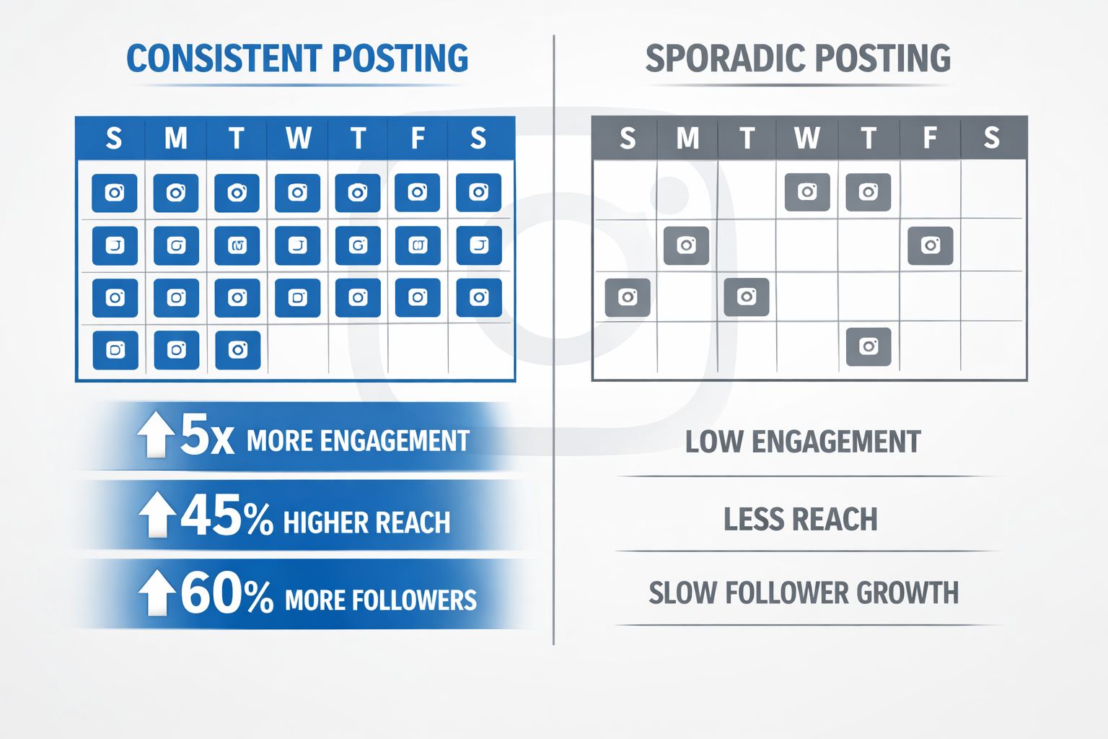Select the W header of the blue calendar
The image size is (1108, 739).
click(x=298, y=138)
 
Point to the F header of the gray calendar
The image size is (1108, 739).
click(x=930, y=137)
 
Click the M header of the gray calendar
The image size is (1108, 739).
click(x=687, y=137)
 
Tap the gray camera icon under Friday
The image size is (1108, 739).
click(x=930, y=245)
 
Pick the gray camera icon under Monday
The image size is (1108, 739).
click(x=686, y=245)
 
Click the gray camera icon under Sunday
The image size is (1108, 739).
click(x=628, y=297)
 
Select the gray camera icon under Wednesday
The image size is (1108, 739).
click(x=807, y=192)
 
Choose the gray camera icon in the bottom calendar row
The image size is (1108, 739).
click(x=869, y=346)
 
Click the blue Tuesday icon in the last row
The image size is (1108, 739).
click(x=237, y=350)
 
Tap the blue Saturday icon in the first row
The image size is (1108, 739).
click(x=478, y=193)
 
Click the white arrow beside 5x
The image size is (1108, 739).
click(x=156, y=434)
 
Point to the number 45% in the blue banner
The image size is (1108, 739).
click(x=227, y=516)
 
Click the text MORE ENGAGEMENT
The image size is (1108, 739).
click(x=358, y=441)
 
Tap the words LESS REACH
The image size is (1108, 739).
click(x=800, y=520)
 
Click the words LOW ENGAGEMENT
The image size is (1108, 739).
click(x=803, y=442)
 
